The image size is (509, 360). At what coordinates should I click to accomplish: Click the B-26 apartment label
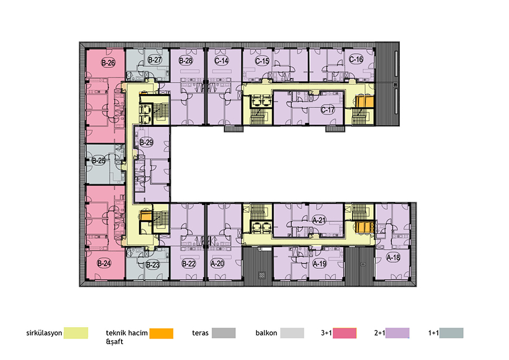108,62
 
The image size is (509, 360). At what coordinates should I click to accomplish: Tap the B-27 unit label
154,60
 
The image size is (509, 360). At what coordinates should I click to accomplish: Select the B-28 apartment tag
186,61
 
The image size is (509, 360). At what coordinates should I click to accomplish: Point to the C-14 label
222,61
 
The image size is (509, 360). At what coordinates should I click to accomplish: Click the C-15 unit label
262,61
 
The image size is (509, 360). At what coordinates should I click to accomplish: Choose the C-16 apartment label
356,59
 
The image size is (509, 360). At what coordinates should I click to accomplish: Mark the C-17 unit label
327,110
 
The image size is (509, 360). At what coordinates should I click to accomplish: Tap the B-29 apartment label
146,142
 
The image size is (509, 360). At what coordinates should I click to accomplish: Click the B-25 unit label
98,161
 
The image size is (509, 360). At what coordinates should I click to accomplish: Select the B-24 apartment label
104,263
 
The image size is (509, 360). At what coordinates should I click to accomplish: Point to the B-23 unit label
153,264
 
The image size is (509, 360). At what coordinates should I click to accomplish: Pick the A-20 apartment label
217,263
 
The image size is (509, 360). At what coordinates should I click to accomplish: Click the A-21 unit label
319,220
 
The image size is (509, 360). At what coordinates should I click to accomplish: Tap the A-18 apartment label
393,258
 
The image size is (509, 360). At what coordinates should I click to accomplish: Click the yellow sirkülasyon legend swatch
76,333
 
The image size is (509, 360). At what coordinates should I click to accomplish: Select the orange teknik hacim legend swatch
161,333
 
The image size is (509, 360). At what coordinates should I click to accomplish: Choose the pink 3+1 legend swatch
344,333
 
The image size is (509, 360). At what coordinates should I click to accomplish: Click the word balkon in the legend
266,333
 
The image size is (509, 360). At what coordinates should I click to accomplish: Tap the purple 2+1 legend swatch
398,333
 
